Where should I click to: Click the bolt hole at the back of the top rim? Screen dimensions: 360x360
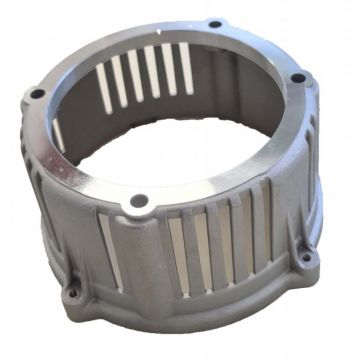215,23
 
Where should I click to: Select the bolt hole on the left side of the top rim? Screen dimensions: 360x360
37,94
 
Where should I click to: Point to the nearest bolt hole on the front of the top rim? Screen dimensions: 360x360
140,203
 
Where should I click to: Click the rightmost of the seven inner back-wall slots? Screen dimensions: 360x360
187,63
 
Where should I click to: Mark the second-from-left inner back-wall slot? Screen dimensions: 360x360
119,80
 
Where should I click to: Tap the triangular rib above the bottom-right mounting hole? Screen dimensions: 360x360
296,240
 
